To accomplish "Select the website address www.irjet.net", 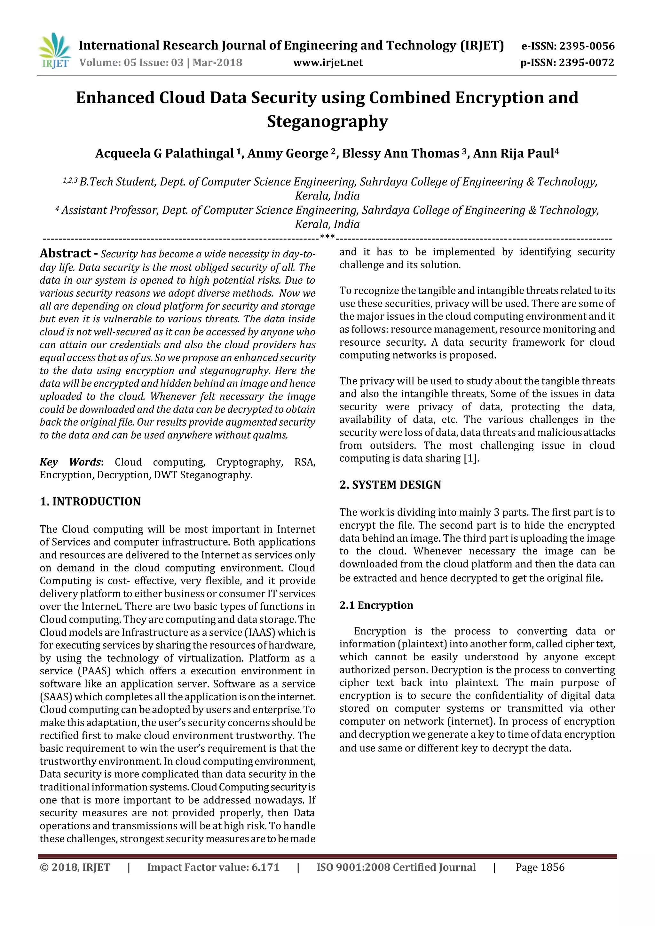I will (x=328, y=63).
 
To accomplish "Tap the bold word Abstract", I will (x=65, y=253).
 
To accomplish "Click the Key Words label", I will (x=71, y=462).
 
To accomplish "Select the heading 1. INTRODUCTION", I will (x=90, y=501).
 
